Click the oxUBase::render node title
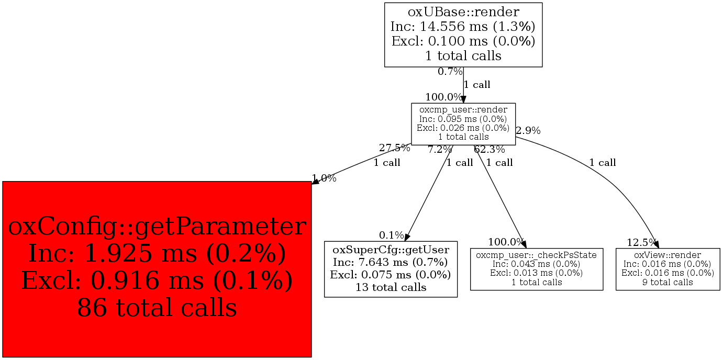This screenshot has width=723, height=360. click(x=463, y=11)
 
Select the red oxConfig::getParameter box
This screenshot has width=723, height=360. click(x=157, y=269)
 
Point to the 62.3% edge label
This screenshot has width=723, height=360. click(x=489, y=150)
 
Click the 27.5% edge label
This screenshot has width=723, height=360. click(x=394, y=148)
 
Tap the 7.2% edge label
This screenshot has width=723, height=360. click(x=440, y=150)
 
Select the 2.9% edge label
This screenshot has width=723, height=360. click(x=528, y=130)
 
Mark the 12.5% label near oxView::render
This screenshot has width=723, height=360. click(x=642, y=242)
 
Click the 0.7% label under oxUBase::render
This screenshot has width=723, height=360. click(x=450, y=72)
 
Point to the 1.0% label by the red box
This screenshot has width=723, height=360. click(x=325, y=178)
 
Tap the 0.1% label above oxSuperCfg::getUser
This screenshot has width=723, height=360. click(x=392, y=235)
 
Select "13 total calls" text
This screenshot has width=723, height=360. click(x=391, y=287)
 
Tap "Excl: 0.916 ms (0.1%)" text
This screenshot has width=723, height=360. click(x=157, y=280)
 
